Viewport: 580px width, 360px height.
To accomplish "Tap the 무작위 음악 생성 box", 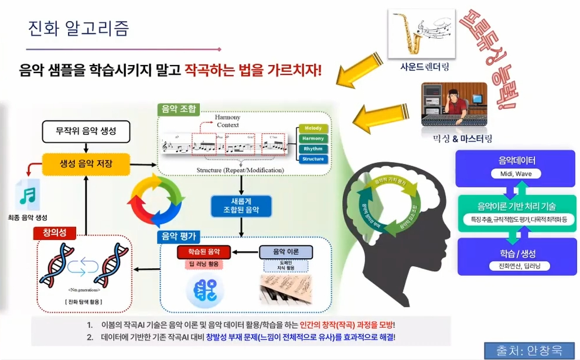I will pyautogui.click(x=86, y=131).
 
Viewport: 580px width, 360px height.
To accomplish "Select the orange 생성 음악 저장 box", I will pyautogui.click(x=86, y=164).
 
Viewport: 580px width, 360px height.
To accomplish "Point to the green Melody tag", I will pyautogui.click(x=313, y=128).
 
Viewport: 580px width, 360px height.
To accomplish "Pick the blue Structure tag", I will pyautogui.click(x=313, y=159).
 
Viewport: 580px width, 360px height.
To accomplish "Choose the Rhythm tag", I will pyautogui.click(x=313, y=149).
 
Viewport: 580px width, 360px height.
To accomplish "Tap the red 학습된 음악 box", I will pyautogui.click(x=205, y=252).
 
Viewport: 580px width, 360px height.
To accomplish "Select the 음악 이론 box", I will pyautogui.click(x=286, y=252).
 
